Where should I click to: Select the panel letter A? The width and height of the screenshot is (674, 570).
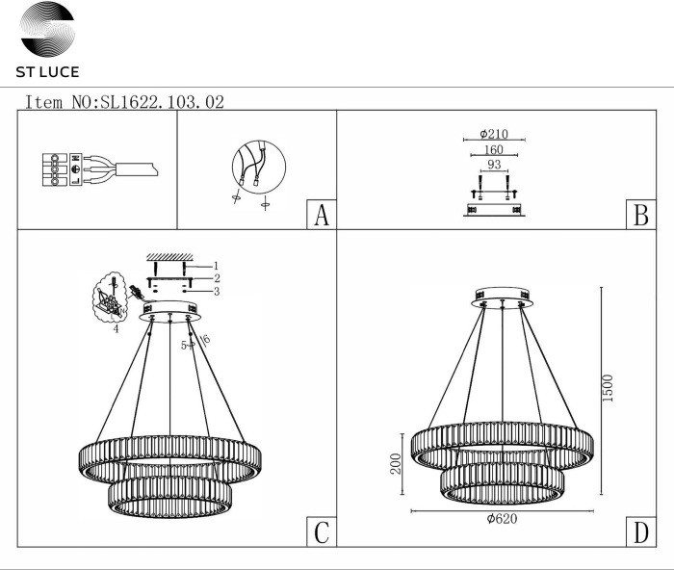(321, 216)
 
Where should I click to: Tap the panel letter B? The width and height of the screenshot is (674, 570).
(638, 216)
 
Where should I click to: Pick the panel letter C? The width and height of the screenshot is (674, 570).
(321, 531)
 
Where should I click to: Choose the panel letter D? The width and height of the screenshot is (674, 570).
(638, 531)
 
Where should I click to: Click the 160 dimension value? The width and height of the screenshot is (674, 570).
(493, 150)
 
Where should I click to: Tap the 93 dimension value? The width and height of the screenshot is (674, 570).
(493, 166)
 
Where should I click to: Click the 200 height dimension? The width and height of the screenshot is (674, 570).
(394, 466)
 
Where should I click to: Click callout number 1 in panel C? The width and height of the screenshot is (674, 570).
(218, 265)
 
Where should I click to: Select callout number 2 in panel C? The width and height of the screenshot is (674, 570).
(218, 277)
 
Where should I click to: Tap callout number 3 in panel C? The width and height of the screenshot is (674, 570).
(218, 291)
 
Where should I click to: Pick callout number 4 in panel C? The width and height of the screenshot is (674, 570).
(116, 329)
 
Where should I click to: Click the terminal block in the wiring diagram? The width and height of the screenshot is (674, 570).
(59, 169)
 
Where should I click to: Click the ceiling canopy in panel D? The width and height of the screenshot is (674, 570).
(501, 293)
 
